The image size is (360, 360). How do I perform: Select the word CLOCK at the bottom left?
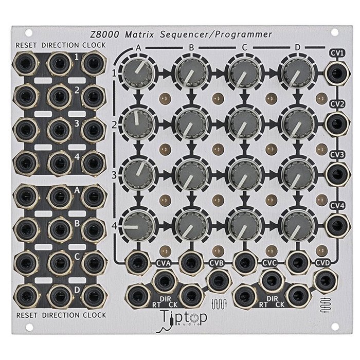[x=93, y=314]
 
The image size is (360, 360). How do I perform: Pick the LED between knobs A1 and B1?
[x=164, y=97]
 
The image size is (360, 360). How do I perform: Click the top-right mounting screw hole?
[x=335, y=32]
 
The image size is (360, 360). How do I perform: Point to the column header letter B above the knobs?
[x=191, y=48]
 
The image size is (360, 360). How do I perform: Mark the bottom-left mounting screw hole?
[x=24, y=327]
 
